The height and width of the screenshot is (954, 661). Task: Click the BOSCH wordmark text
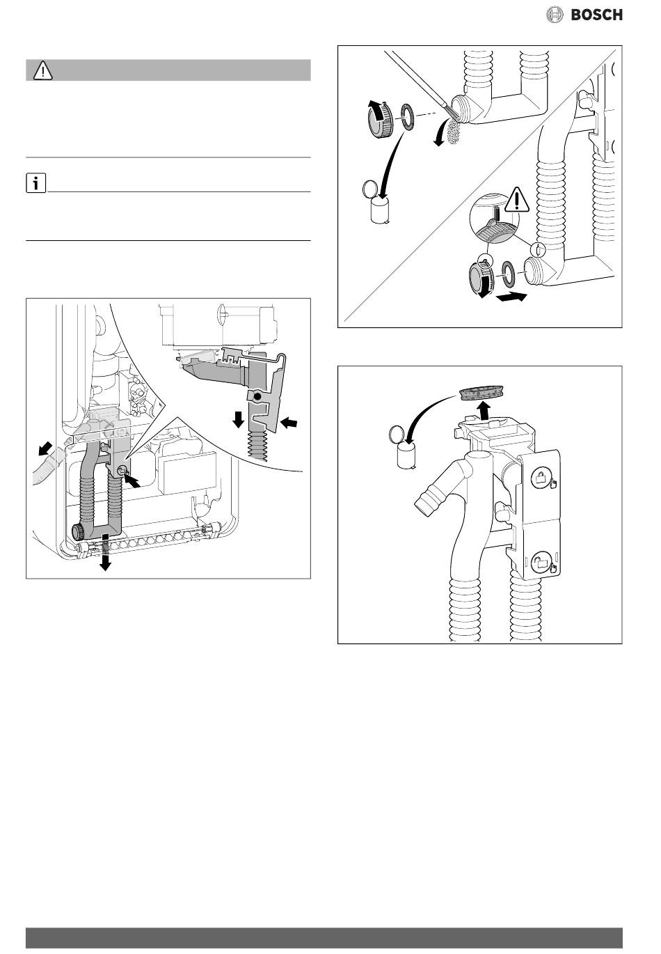(x=596, y=15)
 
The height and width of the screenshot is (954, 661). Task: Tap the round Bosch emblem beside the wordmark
(x=554, y=15)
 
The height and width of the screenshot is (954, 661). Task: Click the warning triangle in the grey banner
(x=42, y=70)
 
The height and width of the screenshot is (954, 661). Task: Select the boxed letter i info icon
(x=35, y=184)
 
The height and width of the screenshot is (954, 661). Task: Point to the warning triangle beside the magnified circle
(x=516, y=199)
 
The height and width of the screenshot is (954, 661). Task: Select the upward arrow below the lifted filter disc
(x=483, y=410)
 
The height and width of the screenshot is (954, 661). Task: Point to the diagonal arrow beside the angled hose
(x=45, y=448)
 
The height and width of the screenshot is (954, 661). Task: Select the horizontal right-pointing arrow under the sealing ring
(x=511, y=297)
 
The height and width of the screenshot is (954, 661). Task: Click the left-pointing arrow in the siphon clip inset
(x=289, y=423)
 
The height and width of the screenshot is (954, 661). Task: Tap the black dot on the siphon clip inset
(x=257, y=396)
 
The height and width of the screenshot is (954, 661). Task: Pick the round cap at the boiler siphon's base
(x=79, y=533)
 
